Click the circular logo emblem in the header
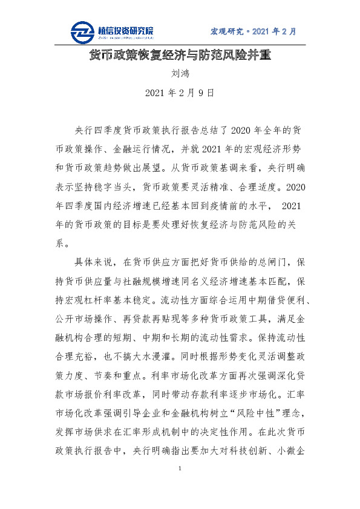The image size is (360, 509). (82, 31)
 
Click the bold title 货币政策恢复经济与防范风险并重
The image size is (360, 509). (180, 56)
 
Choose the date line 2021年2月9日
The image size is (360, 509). (180, 94)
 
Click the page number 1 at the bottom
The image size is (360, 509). (180, 469)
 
